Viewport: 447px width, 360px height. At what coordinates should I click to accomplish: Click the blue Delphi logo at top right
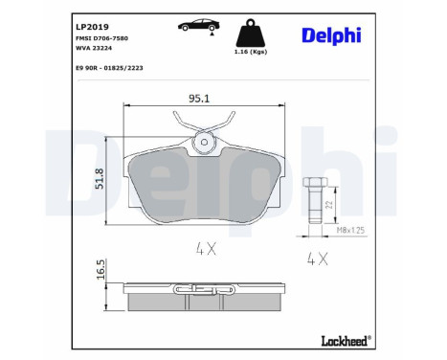point(346,35)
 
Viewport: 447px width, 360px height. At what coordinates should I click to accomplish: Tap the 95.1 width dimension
point(201,98)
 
